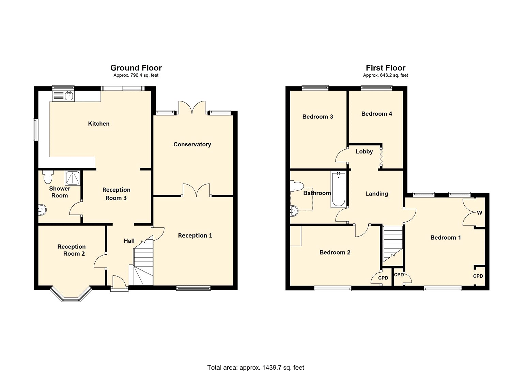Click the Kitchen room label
coord(99,124)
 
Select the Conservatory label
coord(192,144)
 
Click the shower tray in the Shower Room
coord(73,178)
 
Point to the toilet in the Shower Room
coord(48,177)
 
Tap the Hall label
coord(129,241)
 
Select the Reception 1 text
coord(195,236)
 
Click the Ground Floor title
coord(136,68)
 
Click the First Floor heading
coord(386,68)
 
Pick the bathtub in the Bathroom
coord(338,190)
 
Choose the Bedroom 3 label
coord(318,117)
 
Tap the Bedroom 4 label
coord(376,114)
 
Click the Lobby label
coord(364,151)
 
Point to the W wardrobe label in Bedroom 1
coord(479,213)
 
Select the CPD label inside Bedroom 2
coord(383,278)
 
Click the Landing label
coord(376,194)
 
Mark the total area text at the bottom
coord(255,367)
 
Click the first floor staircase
coord(393,242)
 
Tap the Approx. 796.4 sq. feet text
coord(136,75)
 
